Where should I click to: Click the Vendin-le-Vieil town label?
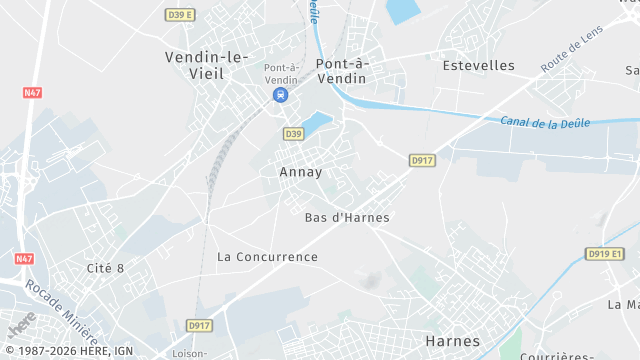[x=207, y=65]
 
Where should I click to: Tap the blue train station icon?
[x=281, y=96]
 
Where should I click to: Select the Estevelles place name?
[x=478, y=65]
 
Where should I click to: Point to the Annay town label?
[x=300, y=172]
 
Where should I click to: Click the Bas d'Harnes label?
[x=347, y=217]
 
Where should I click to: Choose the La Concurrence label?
[x=267, y=257]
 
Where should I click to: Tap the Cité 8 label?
[x=105, y=267]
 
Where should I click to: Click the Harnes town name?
[x=452, y=341]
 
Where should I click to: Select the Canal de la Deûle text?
[x=546, y=122]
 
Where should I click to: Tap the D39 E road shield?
[x=180, y=15]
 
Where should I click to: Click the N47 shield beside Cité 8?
[x=25, y=258]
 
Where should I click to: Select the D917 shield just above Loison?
[x=200, y=326]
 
